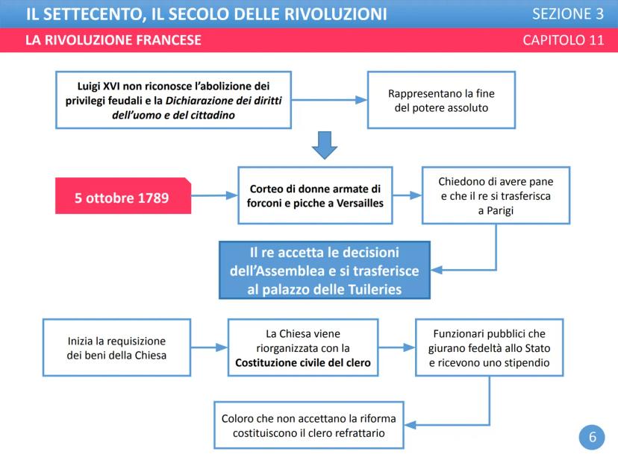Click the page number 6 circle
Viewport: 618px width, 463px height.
tap(592, 438)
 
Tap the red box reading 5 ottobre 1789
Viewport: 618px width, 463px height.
tap(122, 198)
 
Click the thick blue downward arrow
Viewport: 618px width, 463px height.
tap(325, 145)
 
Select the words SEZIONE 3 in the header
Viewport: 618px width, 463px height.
tap(568, 13)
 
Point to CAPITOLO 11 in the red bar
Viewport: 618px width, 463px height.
tap(564, 40)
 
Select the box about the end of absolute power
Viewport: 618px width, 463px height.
tap(441, 100)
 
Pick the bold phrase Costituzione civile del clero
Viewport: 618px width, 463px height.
tap(303, 363)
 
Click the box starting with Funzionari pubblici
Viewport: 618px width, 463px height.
tap(489, 348)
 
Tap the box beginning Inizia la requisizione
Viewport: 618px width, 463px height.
tap(116, 348)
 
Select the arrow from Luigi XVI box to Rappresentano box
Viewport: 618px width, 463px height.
tap(329, 100)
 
